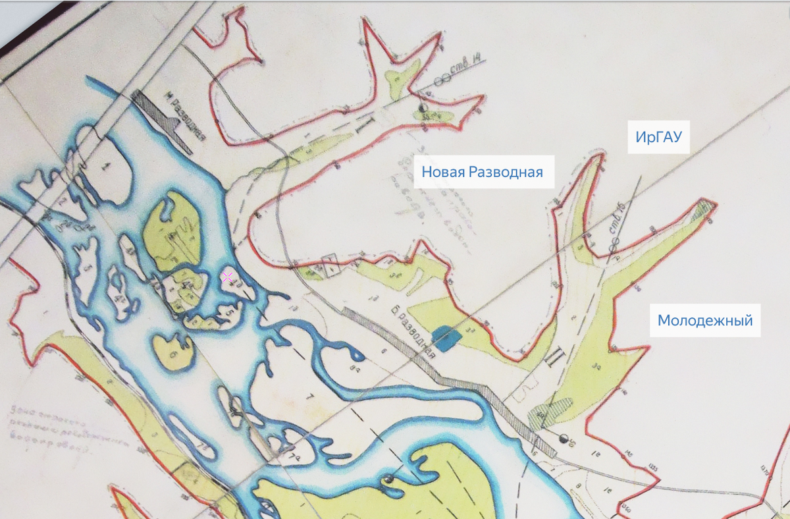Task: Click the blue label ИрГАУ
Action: coord(658,137)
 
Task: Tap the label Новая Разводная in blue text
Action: coord(482,173)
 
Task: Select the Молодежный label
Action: coord(705,321)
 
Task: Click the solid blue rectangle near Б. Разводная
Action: coord(446,338)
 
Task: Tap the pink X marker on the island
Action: coord(227,277)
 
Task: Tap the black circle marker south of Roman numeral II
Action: coord(563,438)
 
